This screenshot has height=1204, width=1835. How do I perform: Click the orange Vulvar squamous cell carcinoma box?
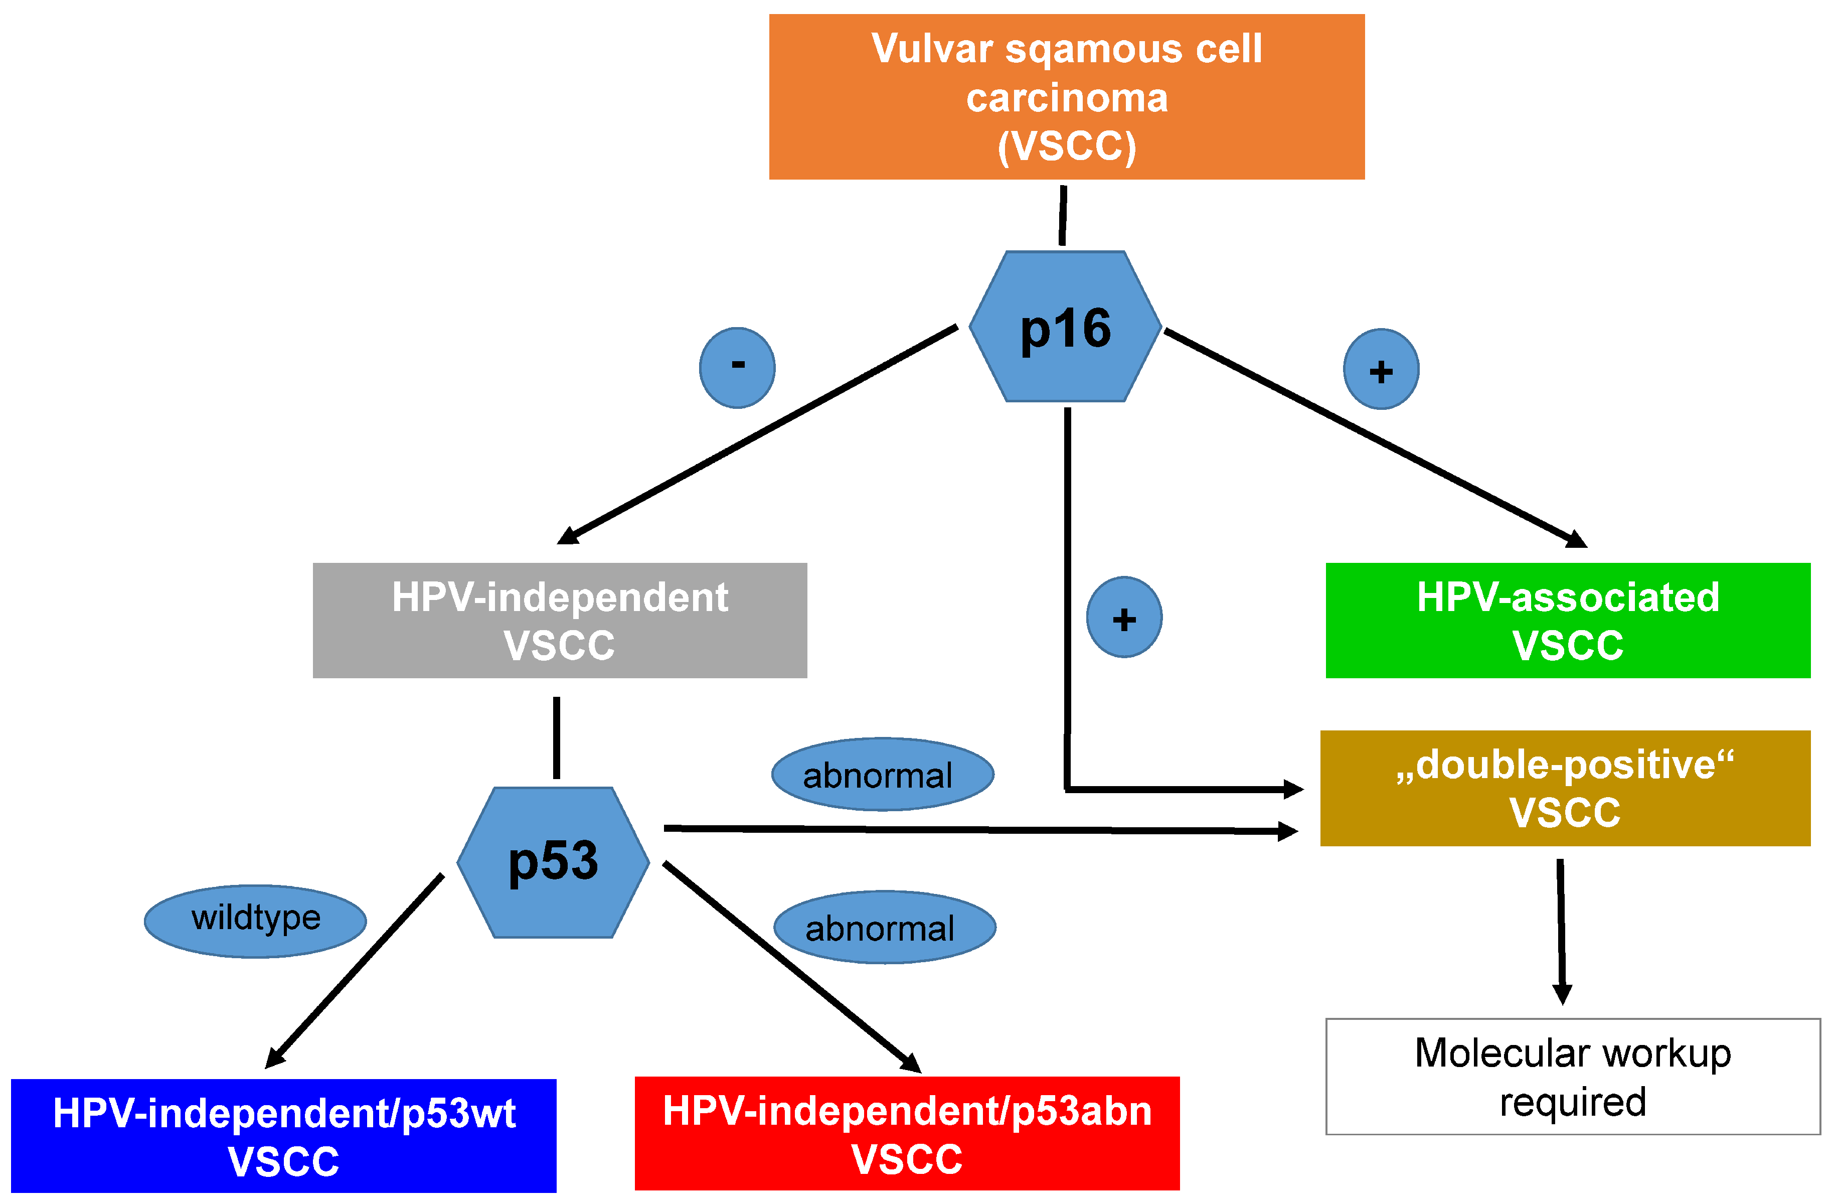pos(1066,96)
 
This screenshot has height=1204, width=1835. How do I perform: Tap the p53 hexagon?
pos(553,862)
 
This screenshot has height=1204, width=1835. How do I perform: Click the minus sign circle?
pos(737,368)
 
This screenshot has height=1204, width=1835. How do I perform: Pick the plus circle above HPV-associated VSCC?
pos(1381,369)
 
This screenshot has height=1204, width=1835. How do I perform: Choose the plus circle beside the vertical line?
pos(1124,617)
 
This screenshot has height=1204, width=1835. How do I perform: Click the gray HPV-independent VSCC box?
pos(560,620)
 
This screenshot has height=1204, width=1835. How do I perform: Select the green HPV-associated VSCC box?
pos(1568,620)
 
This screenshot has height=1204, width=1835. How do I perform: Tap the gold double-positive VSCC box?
pos(1565,788)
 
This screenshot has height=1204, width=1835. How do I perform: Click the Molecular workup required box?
pos(1573,1077)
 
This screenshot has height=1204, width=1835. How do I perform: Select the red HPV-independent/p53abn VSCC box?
pos(907,1134)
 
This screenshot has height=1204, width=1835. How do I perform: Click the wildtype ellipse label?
pos(255,922)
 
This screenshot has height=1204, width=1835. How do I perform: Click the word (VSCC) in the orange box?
pos(1067,146)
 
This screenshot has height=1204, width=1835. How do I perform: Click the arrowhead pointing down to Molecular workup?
pos(1562,995)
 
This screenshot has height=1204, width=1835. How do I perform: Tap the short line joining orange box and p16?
pos(1063,215)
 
